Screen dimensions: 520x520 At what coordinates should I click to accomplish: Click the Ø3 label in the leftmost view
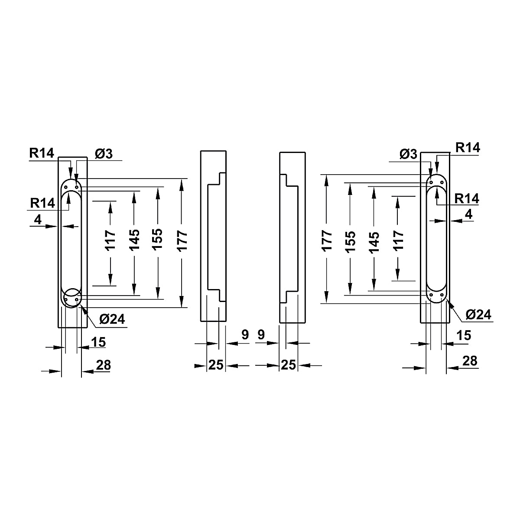click(x=104, y=154)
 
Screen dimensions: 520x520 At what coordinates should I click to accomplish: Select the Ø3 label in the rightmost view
click(x=408, y=154)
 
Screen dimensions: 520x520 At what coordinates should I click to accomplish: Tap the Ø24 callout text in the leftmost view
click(x=112, y=319)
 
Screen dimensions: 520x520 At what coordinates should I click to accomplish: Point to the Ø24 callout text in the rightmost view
click(x=478, y=315)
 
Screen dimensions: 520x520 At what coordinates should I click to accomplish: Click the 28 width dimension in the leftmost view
click(x=104, y=365)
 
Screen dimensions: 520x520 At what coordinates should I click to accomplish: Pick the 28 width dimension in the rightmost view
click(x=470, y=361)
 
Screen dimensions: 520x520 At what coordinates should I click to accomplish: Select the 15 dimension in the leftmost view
click(x=98, y=342)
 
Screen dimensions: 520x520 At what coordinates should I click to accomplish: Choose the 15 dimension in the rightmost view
click(x=464, y=335)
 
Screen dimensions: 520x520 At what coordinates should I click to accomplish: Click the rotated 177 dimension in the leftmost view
click(x=182, y=241)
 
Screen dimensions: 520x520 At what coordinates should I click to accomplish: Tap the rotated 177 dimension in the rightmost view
click(x=327, y=241)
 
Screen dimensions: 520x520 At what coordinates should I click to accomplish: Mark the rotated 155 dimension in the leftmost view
click(x=158, y=240)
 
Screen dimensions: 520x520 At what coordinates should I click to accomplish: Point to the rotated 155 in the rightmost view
click(x=351, y=242)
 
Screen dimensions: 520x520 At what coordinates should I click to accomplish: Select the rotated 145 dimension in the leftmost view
click(x=134, y=240)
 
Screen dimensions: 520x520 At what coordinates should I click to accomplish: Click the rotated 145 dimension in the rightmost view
click(x=374, y=242)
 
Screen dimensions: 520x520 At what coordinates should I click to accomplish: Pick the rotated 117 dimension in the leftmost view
click(x=110, y=240)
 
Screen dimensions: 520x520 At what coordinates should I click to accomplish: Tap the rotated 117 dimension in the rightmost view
click(x=398, y=240)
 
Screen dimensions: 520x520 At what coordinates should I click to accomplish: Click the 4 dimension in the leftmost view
click(x=38, y=220)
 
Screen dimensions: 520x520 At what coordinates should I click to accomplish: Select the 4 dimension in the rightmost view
click(x=469, y=214)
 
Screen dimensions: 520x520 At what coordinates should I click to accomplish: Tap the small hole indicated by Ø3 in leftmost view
click(x=77, y=187)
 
